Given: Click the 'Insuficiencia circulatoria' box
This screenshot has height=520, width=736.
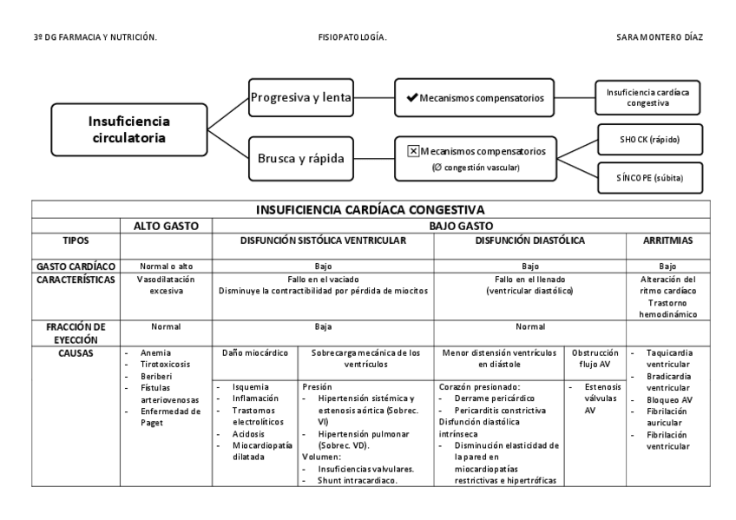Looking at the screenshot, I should [129, 129].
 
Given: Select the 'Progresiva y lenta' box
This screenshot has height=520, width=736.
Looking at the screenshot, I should [300, 97].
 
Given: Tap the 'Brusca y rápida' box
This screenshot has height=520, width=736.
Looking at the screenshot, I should [300, 159].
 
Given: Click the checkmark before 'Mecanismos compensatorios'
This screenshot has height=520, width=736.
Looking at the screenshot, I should [411, 98].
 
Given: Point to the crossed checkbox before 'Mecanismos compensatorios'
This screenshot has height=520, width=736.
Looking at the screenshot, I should [413, 151].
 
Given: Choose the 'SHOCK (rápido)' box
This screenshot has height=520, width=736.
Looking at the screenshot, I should [650, 139].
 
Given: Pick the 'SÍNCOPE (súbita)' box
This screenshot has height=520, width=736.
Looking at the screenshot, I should [650, 177].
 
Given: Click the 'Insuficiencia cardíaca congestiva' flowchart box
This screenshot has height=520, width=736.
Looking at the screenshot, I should [648, 96].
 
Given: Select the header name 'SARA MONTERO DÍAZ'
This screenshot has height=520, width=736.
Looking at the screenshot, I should [659, 37].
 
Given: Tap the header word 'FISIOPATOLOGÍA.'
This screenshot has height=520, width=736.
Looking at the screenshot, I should [353, 37].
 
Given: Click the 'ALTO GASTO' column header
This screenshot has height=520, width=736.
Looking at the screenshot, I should [166, 225].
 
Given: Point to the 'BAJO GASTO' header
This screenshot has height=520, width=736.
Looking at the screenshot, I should [460, 225].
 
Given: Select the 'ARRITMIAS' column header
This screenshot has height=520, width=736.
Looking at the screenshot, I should [667, 240].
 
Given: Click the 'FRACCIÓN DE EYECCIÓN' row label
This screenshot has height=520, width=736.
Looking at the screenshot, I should [76, 332].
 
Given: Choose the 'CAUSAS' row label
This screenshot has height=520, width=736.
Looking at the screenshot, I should [76, 354].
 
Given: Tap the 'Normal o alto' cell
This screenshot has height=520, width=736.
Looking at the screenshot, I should [166, 266].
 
